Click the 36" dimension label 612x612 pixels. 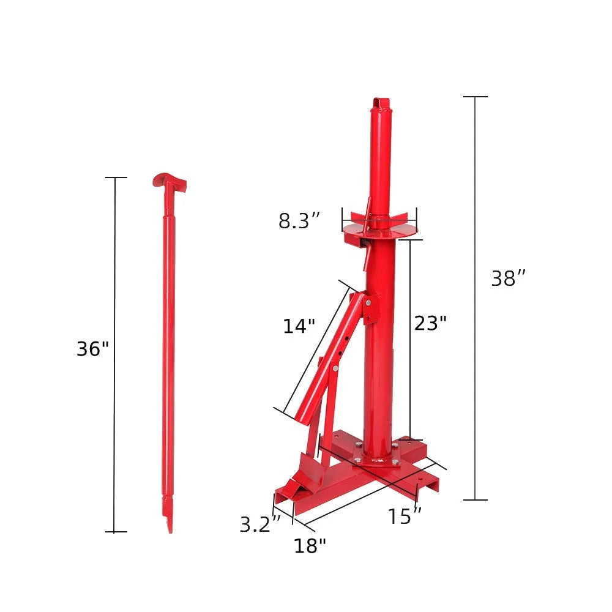pos(92,349)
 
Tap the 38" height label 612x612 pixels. pos(509,279)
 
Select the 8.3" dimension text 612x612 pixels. pos(299,221)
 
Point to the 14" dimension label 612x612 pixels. pos(299,326)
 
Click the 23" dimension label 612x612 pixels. pos(430,323)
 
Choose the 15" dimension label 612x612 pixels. pos(405,517)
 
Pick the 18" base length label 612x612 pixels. pos(310,545)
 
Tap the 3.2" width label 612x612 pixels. pos(260,524)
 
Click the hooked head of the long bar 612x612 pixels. pos(168,181)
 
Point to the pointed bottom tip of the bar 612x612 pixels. pos(170,525)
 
